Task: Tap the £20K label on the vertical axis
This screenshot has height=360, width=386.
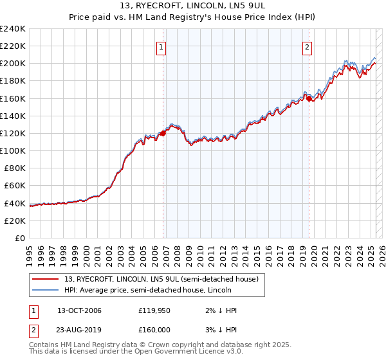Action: (14, 221)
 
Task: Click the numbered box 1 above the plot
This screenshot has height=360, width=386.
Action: (161, 46)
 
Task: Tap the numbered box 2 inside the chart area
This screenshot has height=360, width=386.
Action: (308, 46)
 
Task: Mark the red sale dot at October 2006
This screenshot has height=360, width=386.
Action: (163, 133)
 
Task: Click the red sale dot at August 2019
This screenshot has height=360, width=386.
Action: (309, 98)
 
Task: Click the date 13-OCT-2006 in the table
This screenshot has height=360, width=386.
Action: (79, 310)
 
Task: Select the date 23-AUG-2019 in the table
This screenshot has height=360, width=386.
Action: (79, 329)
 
